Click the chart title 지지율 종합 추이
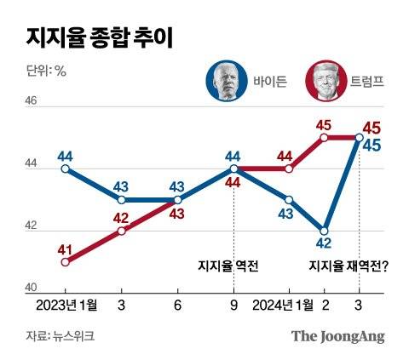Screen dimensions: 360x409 coord(104,37)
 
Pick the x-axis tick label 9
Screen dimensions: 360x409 coord(233,305)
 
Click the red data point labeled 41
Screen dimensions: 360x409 coord(65,261)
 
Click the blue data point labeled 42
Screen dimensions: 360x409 coord(325,231)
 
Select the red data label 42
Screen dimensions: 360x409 coord(122,216)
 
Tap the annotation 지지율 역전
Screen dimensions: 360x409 coord(228,266)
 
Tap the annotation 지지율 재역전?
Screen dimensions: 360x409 coord(348,266)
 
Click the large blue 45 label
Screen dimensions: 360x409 coord(372,146)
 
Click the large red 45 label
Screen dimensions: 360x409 coord(372,128)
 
